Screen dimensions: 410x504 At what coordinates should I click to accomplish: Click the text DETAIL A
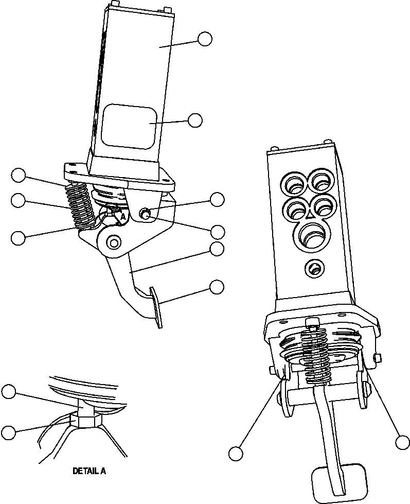90,471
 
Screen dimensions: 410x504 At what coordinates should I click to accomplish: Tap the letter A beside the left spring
122,218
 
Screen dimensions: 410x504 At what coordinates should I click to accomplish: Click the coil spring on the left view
81,205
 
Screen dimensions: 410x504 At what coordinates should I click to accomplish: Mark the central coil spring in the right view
316,355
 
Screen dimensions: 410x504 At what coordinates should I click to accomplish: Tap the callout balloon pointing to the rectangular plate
195,120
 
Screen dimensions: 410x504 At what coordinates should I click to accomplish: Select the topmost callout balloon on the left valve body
205,39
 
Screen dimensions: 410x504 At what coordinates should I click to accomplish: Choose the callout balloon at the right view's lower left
236,454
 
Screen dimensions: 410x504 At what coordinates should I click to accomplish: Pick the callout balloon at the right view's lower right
403,441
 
